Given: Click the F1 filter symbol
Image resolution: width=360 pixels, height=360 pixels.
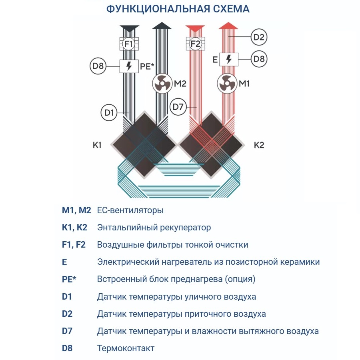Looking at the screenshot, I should tap(129, 44).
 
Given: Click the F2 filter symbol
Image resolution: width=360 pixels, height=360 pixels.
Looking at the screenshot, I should tap(195, 44).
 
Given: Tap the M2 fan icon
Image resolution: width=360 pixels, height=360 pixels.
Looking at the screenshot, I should tap(162, 84).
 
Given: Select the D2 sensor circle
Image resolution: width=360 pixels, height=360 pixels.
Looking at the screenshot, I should tap(259, 38).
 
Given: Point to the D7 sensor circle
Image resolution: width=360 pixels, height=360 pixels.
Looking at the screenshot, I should tap(178, 107).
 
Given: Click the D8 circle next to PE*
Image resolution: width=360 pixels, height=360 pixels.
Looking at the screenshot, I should tap(98, 66).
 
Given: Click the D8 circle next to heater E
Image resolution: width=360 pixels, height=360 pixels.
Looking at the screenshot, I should tap(259, 59).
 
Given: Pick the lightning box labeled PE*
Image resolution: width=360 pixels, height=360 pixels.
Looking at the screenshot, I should tap(129, 66).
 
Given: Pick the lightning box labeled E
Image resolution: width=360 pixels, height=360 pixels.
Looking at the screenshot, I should tap(228, 59).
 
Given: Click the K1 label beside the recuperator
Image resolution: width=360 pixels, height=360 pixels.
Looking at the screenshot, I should tap(97, 145).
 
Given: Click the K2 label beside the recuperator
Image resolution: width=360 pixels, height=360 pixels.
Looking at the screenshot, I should tap(259, 145).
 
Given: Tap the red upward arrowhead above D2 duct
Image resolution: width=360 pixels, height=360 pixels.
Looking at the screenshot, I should tap(228, 27).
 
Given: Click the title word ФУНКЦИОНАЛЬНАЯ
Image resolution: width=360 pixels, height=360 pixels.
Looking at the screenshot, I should tap(156, 9).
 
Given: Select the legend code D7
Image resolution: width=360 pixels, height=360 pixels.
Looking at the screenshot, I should tap(67, 331).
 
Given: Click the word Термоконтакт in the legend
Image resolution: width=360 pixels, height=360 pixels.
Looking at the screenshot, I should tap(126, 348).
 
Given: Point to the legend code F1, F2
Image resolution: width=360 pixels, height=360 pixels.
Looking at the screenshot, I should tap(74, 245).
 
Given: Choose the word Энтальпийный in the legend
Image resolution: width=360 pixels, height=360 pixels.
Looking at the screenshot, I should tap(123, 228).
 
